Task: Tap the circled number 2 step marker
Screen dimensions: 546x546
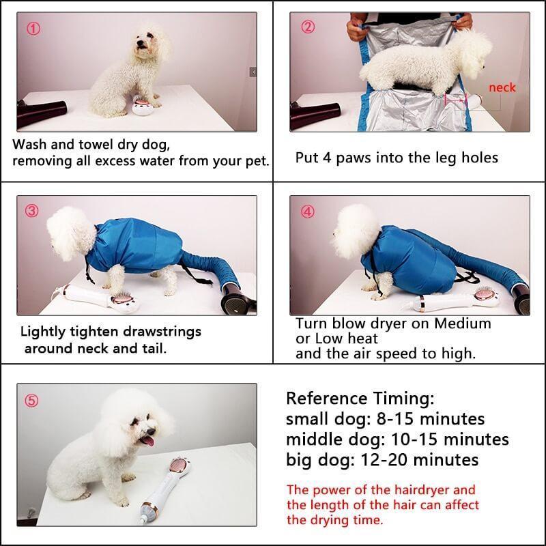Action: pos(308,27)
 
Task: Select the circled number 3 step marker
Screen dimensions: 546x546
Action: pos(32,211)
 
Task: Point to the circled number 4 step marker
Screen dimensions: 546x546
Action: pos(308,211)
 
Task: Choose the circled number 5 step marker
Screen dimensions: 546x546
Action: pos(33,401)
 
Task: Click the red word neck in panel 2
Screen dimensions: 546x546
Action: pos(502,87)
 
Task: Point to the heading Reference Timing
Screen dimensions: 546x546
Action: pos(360,399)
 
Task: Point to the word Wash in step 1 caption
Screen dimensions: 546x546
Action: pos(31,145)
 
